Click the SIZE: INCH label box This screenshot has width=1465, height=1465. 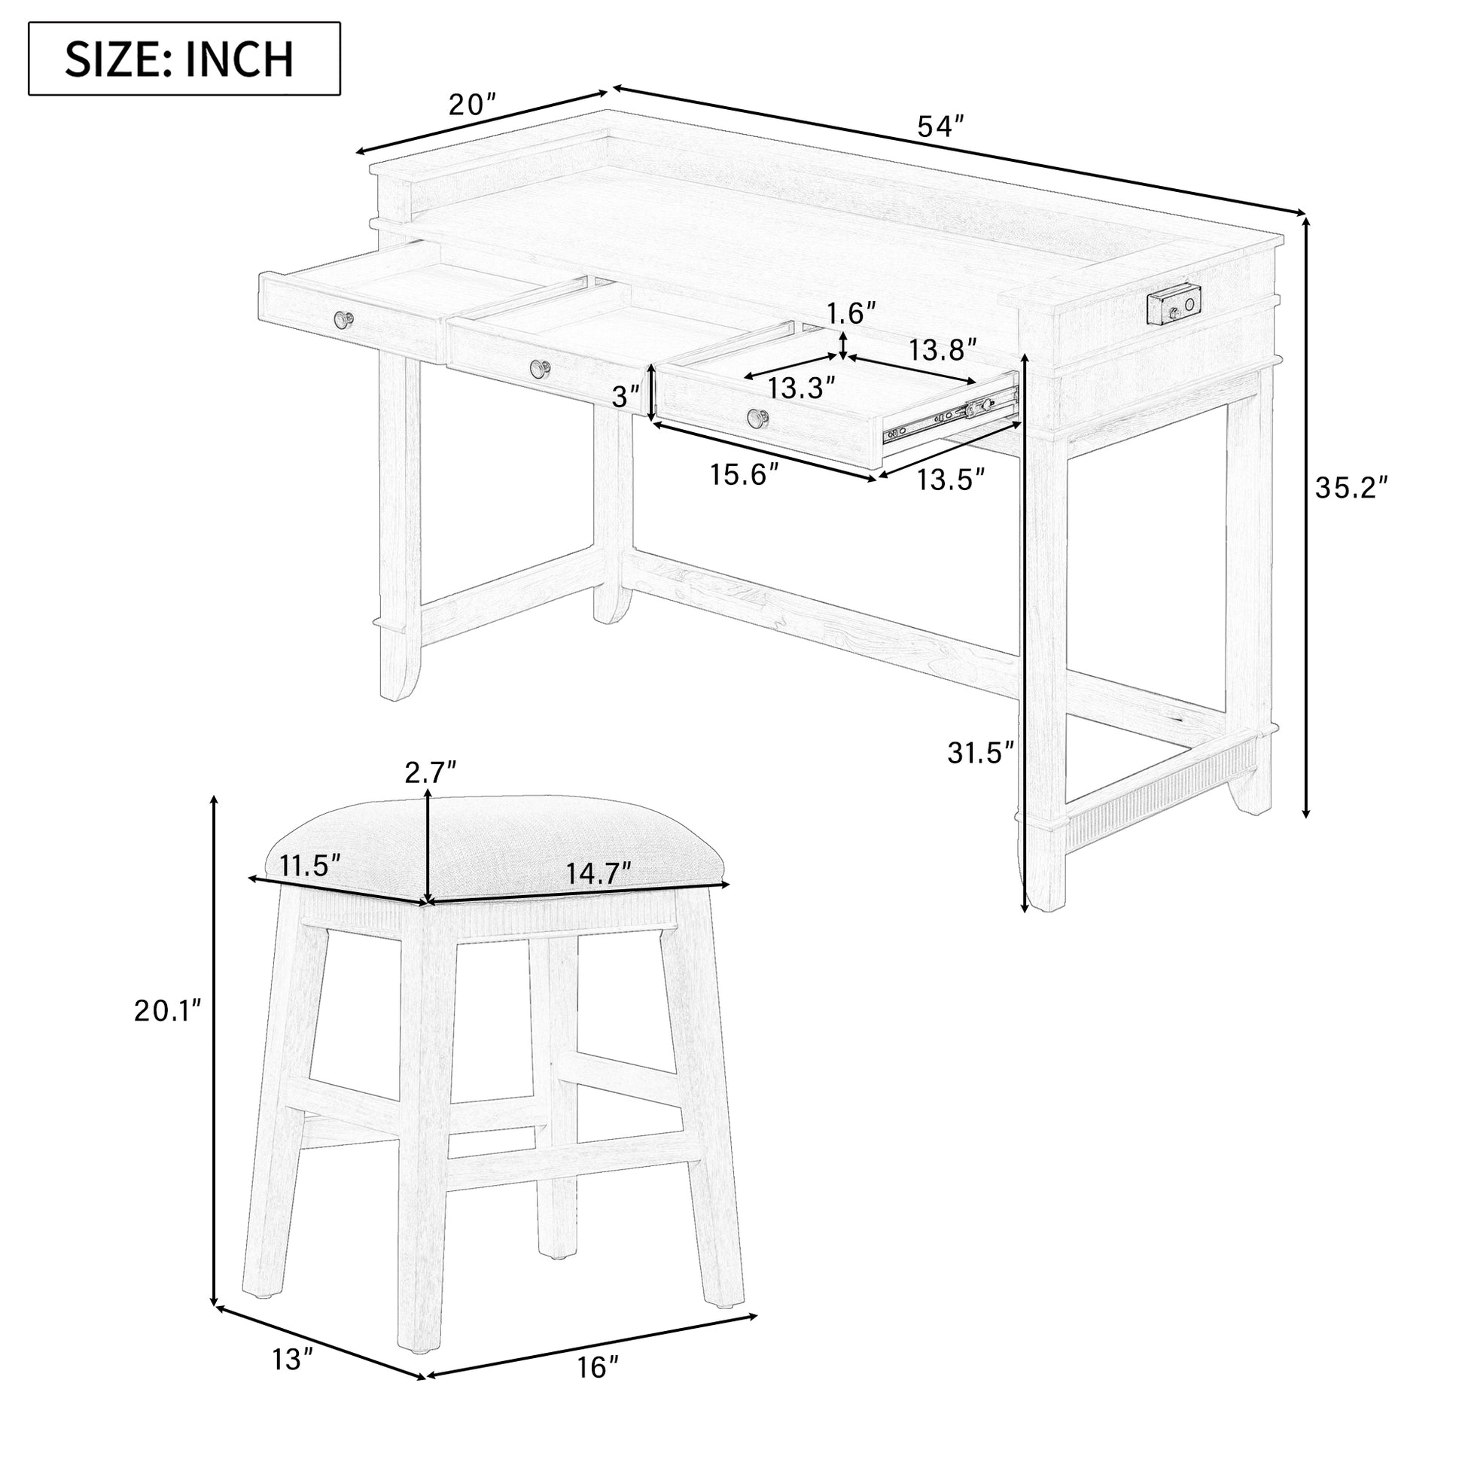(x=184, y=59)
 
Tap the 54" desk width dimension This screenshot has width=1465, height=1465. (x=940, y=126)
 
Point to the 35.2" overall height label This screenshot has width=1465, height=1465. (x=1353, y=489)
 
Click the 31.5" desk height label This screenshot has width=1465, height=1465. (x=980, y=752)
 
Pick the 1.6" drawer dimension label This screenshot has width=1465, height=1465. (x=851, y=312)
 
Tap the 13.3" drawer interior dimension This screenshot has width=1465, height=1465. (x=801, y=388)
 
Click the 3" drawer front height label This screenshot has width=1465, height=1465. (x=626, y=396)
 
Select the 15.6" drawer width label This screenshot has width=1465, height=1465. (x=745, y=476)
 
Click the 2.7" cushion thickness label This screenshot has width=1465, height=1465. (x=430, y=772)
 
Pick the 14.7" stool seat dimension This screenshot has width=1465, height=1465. (x=599, y=873)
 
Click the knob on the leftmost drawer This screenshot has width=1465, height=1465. (x=345, y=320)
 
